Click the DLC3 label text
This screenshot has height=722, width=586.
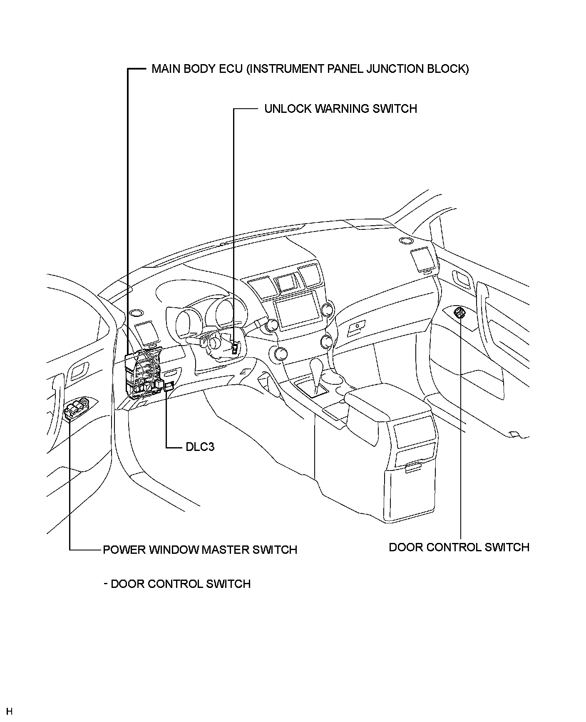pyautogui.click(x=200, y=447)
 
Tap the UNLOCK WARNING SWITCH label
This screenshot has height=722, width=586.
pyautogui.click(x=340, y=109)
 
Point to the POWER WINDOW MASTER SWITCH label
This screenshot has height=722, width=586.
pyautogui.click(x=200, y=550)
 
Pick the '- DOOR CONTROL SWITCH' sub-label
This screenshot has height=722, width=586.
pyautogui.click(x=177, y=584)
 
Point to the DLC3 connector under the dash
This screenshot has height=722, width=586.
pyautogui.click(x=169, y=387)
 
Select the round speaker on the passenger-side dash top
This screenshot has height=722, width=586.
pyautogui.click(x=405, y=241)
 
